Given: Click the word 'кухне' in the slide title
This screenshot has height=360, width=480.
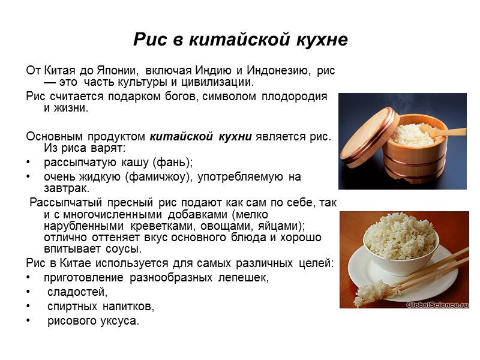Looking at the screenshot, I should (x=317, y=40).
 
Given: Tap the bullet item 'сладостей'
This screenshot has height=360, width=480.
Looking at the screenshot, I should (x=76, y=293).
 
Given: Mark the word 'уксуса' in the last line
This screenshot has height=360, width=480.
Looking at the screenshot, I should (x=119, y=322).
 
